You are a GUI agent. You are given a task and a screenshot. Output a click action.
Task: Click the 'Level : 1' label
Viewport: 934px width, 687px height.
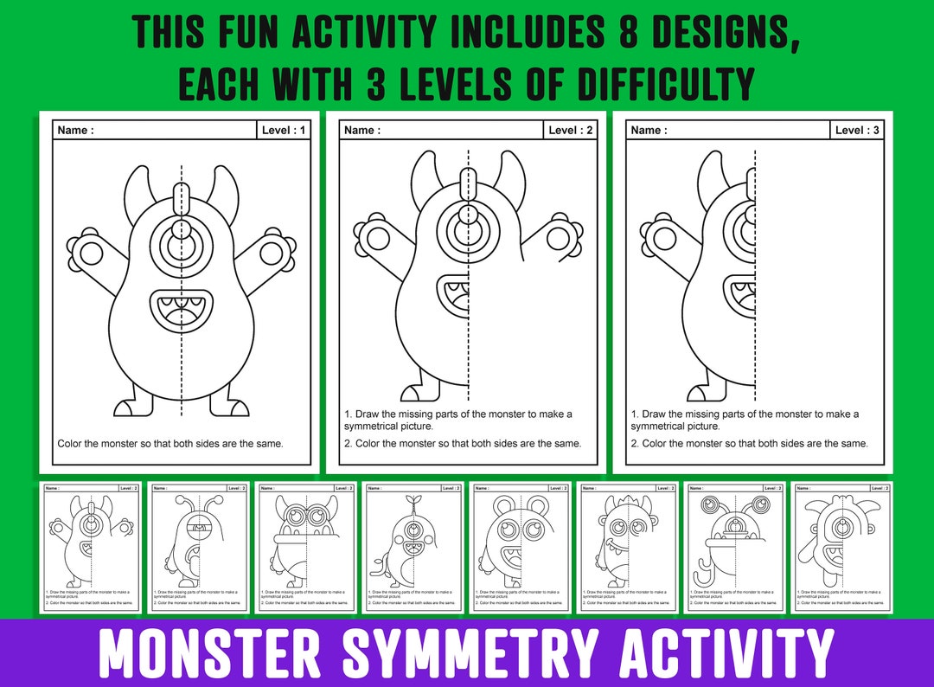pyautogui.click(x=284, y=131)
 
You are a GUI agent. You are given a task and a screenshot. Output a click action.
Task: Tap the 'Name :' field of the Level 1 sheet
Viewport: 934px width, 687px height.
pyautogui.click(x=75, y=131)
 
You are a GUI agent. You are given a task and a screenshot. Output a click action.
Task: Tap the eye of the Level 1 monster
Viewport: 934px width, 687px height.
pyautogui.click(x=181, y=249)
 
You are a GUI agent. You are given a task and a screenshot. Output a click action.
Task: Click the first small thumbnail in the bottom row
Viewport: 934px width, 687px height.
pyautogui.click(x=92, y=548)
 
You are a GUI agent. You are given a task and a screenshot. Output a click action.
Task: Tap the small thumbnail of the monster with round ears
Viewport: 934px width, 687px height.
pyautogui.click(x=521, y=548)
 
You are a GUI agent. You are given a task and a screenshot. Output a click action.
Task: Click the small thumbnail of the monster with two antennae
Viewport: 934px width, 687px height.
pyautogui.click(x=199, y=548)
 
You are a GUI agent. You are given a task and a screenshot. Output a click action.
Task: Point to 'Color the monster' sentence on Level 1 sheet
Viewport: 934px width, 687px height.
pyautogui.click(x=170, y=444)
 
